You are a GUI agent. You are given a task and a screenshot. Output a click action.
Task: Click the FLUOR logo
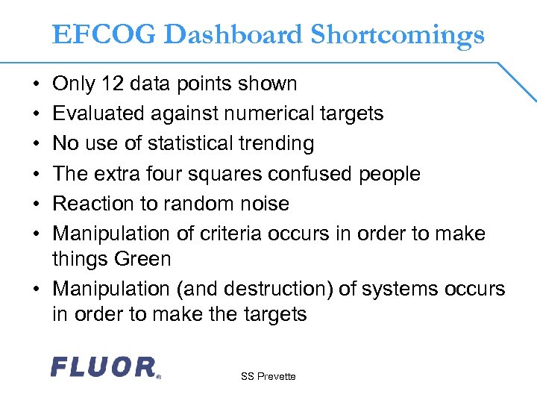click(104, 367)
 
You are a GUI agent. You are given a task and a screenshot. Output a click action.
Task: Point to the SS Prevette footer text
click(268, 377)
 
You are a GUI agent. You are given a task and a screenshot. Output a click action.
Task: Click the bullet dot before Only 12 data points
click(37, 84)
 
